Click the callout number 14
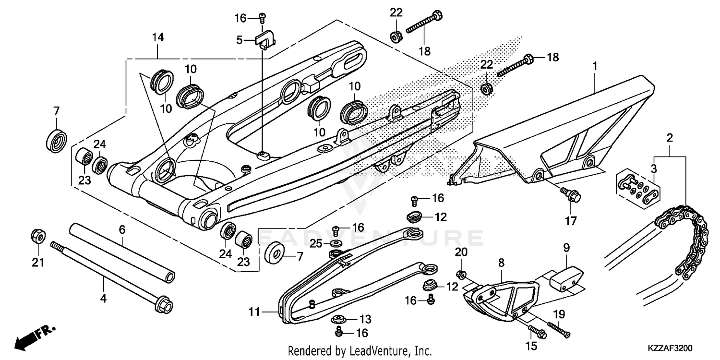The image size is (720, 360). coord(158,37)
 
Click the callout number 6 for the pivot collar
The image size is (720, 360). coord(122,230)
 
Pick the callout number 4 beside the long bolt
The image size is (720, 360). coord(103,299)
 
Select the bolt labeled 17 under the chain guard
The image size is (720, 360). coord(571,195)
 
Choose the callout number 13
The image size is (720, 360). coord(365,319)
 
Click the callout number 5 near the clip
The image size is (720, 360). coord(240,41)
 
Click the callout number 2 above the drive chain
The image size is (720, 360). coord(669,138)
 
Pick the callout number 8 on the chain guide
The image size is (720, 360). coord(501,263)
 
